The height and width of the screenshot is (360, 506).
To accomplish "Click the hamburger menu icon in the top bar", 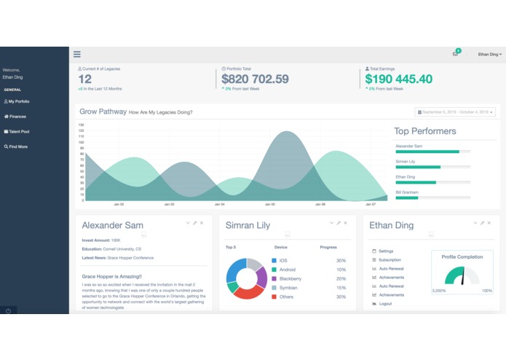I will [x=77, y=54].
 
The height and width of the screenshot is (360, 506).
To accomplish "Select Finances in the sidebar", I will [x=17, y=117].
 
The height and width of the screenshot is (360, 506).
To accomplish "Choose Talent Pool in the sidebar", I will [x=19, y=132].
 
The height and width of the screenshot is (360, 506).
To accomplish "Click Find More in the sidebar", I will [x=17, y=146].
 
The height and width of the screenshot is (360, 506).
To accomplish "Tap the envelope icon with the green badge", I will [x=456, y=54].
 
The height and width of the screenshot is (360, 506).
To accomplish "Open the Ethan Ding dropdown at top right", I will [x=489, y=54].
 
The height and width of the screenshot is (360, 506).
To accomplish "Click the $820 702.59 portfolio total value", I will [x=255, y=79].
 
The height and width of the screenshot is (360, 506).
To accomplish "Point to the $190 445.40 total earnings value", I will [x=398, y=79].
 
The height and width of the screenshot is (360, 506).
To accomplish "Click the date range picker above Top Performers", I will [x=455, y=112].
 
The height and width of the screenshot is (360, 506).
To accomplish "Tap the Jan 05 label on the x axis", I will [x=269, y=205].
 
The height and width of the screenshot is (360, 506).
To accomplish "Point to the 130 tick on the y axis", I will [x=82, y=125].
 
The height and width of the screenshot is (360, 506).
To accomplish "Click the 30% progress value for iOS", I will [x=341, y=260].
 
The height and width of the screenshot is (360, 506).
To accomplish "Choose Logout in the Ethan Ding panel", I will [x=385, y=304].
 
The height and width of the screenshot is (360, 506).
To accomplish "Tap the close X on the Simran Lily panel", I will [x=345, y=222].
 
